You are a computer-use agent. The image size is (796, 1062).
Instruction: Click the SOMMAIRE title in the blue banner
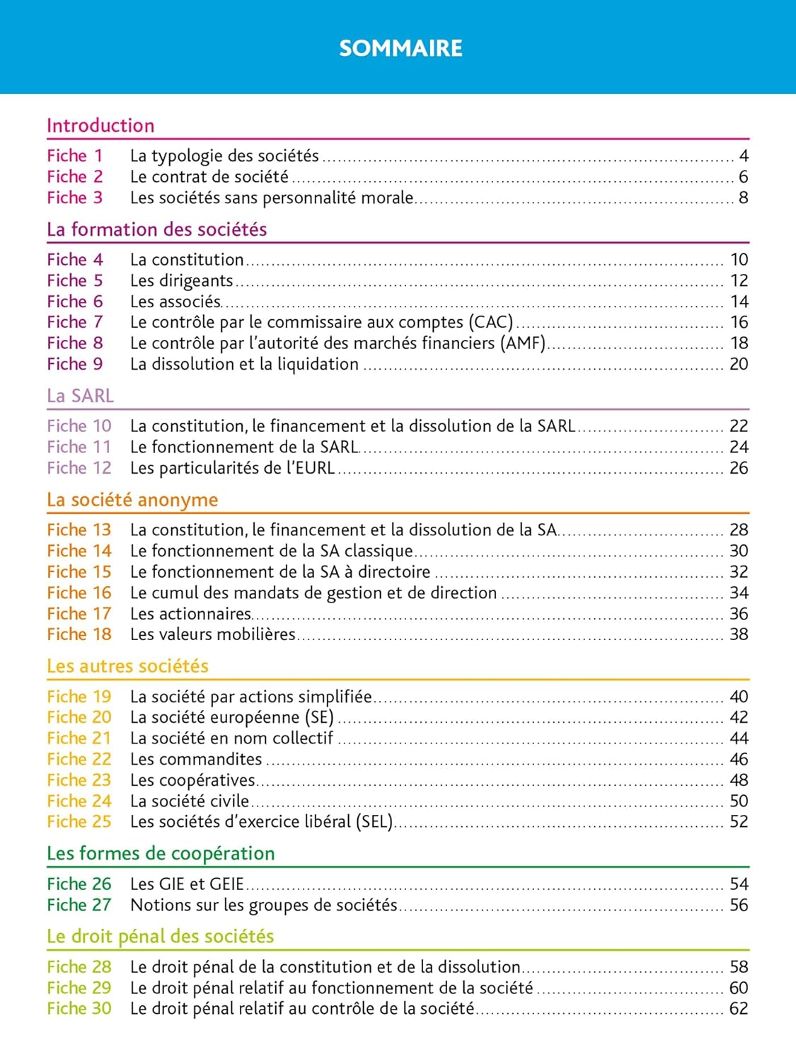[400, 48]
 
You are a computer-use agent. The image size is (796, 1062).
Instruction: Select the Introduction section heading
[100, 125]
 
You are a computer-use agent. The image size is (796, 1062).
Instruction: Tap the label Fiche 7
[75, 322]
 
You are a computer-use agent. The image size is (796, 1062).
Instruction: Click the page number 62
[739, 1008]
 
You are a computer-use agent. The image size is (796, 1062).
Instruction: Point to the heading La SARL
[80, 396]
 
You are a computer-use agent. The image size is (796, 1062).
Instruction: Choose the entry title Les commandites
[196, 759]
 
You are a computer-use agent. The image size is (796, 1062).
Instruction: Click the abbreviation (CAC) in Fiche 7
[490, 322]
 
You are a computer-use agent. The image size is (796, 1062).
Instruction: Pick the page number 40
[739, 697]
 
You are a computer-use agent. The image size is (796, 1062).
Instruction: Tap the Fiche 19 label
[79, 697]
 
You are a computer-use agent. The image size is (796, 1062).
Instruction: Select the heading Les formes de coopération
[161, 853]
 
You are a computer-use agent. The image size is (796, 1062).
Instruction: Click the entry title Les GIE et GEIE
[187, 884]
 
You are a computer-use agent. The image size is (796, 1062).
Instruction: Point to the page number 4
[744, 156]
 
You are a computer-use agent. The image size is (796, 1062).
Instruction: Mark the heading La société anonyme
[132, 500]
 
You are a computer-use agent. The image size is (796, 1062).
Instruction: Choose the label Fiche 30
[79, 1008]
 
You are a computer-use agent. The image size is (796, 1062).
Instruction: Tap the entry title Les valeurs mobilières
[213, 634]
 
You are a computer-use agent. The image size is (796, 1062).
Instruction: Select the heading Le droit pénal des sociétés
[160, 936]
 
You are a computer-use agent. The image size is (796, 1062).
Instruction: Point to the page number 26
[739, 468]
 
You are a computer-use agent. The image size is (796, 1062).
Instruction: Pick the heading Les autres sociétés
[127, 666]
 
